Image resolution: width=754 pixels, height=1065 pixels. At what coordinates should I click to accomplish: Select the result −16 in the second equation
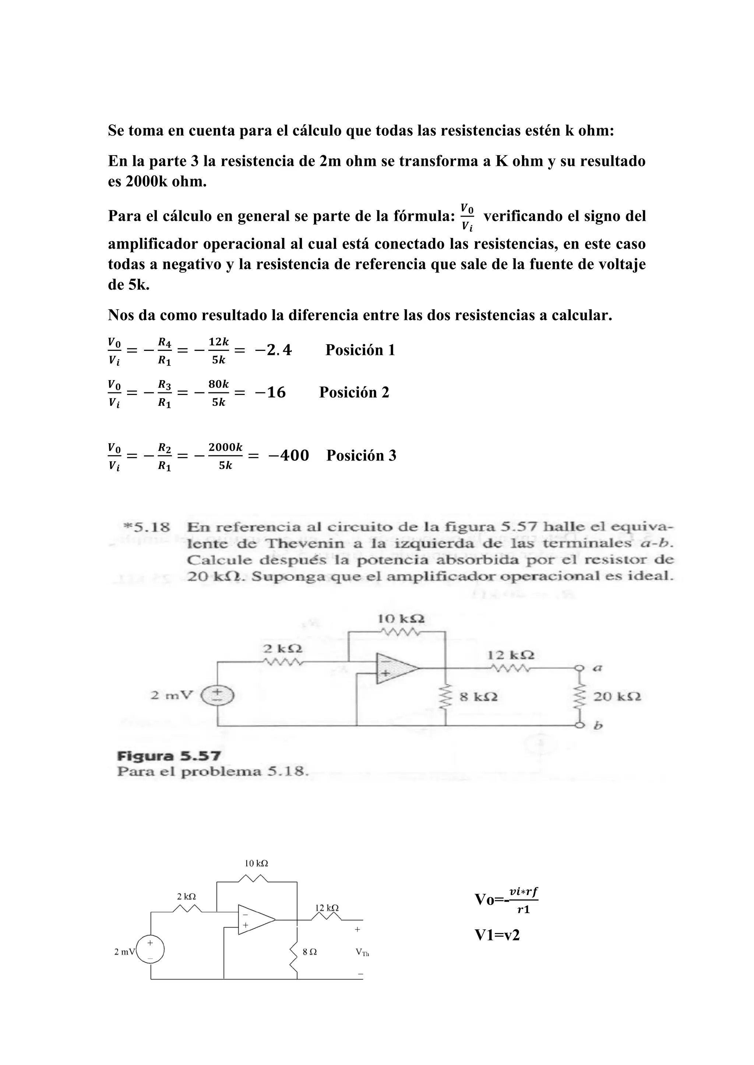coord(270,392)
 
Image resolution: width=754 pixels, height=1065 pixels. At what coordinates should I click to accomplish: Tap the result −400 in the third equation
coord(288,456)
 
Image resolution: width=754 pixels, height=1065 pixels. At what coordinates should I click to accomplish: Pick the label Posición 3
coord(361,456)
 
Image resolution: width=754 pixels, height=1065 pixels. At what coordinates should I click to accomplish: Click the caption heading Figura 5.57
coord(169,756)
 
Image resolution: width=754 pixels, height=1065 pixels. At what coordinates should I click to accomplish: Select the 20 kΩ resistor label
coord(617,697)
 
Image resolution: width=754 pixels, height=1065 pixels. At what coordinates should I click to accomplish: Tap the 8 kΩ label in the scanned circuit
coord(478,697)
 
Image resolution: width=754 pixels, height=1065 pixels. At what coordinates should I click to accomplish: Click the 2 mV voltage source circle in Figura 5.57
coord(217,696)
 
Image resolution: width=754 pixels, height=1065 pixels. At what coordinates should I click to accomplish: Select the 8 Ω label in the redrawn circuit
coord(310,952)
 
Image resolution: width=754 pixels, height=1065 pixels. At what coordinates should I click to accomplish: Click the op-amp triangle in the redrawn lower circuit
coord(255,919)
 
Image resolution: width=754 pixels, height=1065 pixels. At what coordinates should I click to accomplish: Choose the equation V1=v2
coord(497,935)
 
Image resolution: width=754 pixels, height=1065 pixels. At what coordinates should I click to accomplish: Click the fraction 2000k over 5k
coord(225,456)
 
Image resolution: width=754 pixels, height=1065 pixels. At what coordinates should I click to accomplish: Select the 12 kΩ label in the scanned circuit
coord(511,655)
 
